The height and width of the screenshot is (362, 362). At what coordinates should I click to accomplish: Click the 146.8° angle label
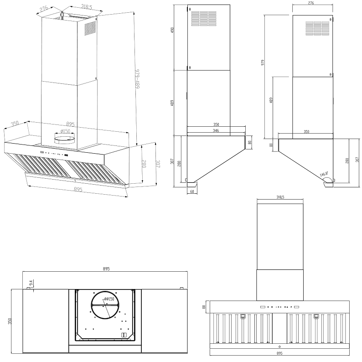click(x=324, y=174)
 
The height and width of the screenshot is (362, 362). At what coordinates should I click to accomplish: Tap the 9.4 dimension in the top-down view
click(x=31, y=282)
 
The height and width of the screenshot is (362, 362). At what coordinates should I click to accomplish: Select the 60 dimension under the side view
click(x=192, y=191)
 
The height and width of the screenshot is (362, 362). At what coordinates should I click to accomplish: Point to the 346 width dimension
click(x=216, y=131)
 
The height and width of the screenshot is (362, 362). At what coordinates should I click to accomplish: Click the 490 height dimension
click(x=172, y=30)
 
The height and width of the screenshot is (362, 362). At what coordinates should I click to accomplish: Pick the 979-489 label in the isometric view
click(x=137, y=78)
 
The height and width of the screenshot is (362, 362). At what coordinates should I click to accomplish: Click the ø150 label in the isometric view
click(x=65, y=131)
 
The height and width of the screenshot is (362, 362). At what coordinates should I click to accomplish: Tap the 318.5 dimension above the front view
click(x=280, y=197)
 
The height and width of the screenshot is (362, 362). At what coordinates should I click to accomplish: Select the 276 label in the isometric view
click(x=44, y=9)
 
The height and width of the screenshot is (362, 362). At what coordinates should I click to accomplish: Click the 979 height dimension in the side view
click(x=263, y=63)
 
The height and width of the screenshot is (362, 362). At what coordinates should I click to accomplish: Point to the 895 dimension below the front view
click(x=279, y=359)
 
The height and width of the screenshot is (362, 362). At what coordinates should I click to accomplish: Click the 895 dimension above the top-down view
click(x=106, y=269)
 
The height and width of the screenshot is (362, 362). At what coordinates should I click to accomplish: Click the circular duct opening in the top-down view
click(x=105, y=305)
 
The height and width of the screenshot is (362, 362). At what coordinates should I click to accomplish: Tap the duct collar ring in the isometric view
click(x=65, y=140)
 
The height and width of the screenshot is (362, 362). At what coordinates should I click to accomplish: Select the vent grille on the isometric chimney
click(x=90, y=28)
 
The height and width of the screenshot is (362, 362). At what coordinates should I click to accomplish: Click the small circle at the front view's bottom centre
click(x=279, y=346)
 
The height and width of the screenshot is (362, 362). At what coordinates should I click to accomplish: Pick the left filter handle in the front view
click(x=243, y=316)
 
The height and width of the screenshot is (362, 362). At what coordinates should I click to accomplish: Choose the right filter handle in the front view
click(x=316, y=316)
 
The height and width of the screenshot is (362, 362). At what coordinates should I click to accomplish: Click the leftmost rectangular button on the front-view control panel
click(x=263, y=307)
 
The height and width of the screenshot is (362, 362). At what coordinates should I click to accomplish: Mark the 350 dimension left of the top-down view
click(x=10, y=321)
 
